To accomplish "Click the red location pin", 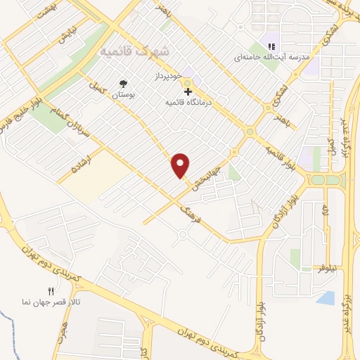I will (181, 165).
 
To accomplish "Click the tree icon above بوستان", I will (124, 83).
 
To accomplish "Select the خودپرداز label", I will (169, 75).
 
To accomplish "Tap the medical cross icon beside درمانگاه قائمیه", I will (188, 91).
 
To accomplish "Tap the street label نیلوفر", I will (328, 269).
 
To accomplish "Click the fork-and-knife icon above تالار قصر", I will (50, 290).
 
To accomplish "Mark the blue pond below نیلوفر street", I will (326, 298).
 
